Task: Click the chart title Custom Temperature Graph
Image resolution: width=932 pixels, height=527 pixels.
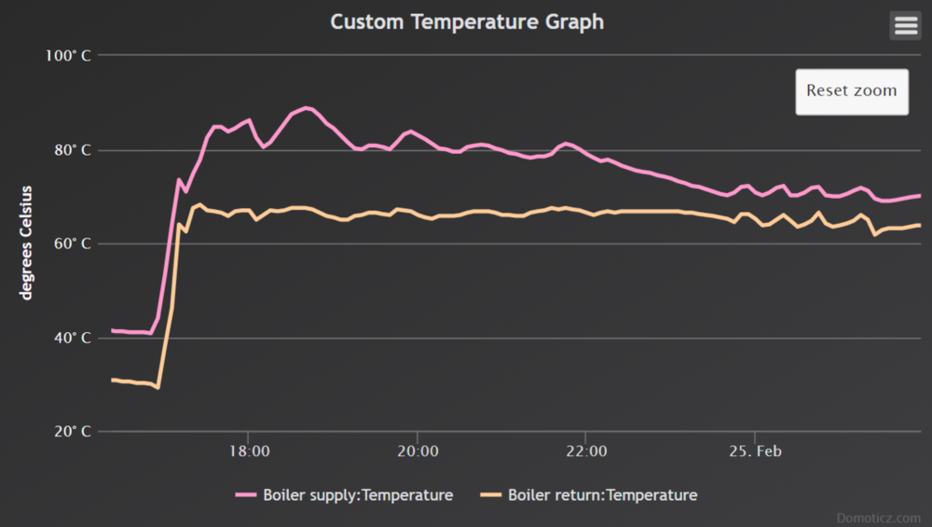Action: (x=467, y=21)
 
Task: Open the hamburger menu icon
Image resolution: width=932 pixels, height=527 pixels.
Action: (x=906, y=25)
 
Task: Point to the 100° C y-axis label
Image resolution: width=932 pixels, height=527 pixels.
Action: (x=68, y=56)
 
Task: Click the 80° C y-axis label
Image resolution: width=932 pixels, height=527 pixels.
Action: (x=69, y=150)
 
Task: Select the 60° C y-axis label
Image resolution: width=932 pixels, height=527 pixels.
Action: (x=69, y=244)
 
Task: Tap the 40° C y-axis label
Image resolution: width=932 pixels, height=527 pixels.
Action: (x=69, y=339)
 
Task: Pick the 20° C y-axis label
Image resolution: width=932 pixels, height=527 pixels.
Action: (x=69, y=433)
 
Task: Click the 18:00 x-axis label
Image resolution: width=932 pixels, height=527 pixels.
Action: (x=248, y=452)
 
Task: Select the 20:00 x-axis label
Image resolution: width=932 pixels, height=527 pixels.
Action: (x=417, y=452)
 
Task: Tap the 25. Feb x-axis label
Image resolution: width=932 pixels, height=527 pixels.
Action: (x=755, y=452)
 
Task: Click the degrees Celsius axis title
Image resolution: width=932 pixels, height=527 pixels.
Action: (x=26, y=243)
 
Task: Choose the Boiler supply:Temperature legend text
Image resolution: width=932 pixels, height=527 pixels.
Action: (x=358, y=495)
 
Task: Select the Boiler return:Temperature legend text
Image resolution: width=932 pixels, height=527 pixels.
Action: (x=602, y=495)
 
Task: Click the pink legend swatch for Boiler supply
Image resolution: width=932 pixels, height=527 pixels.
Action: (x=247, y=495)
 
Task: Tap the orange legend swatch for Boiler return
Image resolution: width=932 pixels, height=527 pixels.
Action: (x=491, y=495)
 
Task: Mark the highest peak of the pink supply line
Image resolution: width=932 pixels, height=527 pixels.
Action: (x=307, y=108)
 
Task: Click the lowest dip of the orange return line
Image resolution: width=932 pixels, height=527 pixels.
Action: (x=158, y=387)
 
